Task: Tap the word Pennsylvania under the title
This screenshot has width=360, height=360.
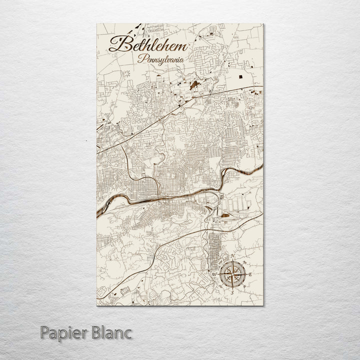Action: click(x=161, y=59)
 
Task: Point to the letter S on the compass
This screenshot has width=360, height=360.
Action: click(x=231, y=292)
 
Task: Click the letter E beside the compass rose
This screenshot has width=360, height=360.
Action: click(x=250, y=274)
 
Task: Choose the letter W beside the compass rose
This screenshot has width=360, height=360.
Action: click(x=214, y=274)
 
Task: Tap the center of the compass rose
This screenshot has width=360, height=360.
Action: click(x=232, y=274)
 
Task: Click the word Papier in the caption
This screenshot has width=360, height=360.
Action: click(x=62, y=332)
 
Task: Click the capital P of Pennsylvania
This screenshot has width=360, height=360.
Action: click(x=140, y=58)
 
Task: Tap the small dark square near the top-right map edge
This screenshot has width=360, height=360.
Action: click(x=244, y=77)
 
